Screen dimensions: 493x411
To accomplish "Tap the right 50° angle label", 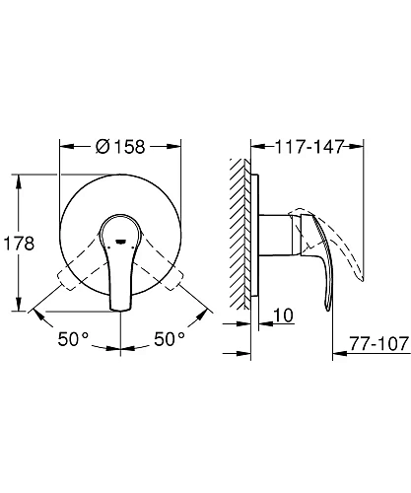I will [x=167, y=338].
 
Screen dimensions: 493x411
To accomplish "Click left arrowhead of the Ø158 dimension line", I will [x=65, y=146].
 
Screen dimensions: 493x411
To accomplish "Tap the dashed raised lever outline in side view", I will [x=340, y=237].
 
